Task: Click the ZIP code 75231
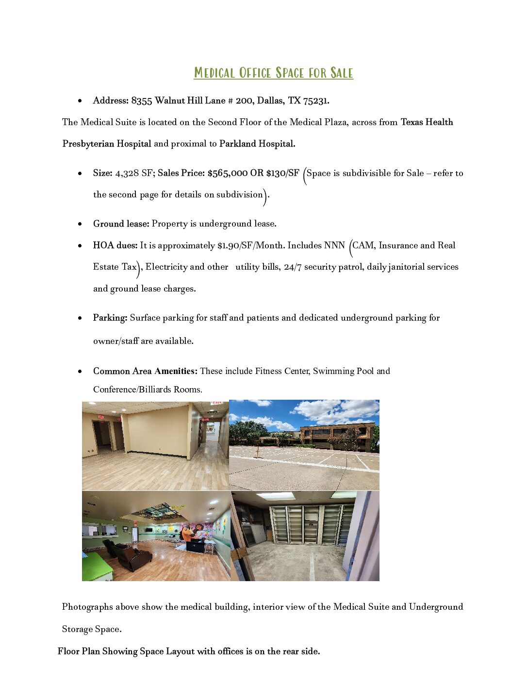(x=315, y=101)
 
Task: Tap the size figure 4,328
(x=127, y=173)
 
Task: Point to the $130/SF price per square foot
(x=282, y=173)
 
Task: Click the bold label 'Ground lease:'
(x=121, y=224)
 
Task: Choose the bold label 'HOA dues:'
(x=115, y=245)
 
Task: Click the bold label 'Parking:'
(x=110, y=318)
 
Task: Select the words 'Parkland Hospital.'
(x=257, y=144)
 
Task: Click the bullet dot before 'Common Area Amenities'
(x=80, y=372)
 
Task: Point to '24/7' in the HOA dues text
(x=293, y=267)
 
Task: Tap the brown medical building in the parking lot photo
(x=337, y=437)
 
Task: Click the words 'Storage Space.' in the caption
(x=92, y=629)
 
